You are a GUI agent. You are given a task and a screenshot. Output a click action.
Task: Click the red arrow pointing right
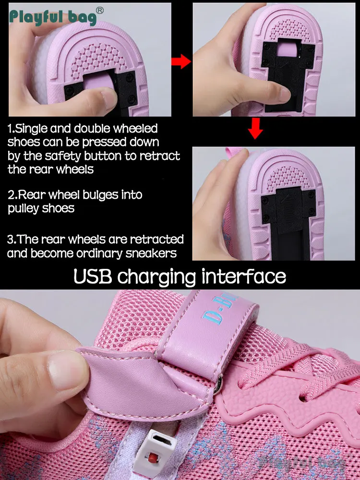pos(181,61)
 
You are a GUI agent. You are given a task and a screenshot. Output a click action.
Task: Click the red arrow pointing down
pos(255,129)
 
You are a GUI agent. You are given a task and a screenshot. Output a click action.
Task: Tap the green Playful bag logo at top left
pos(53,17)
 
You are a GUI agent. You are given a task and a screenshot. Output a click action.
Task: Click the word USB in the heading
pos(93,276)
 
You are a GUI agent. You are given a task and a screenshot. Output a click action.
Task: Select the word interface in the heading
pos(244,276)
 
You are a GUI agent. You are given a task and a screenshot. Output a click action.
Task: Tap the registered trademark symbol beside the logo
pos(100,11)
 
